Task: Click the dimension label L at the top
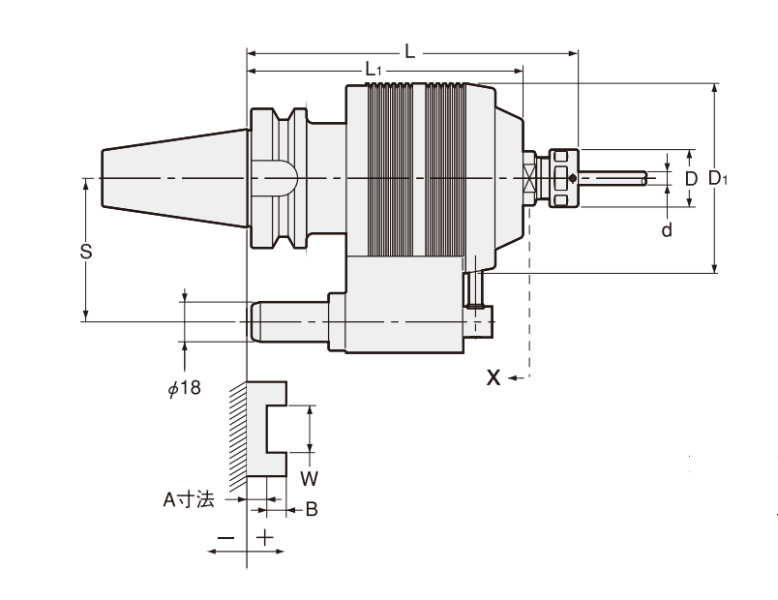(410, 52)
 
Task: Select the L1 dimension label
(374, 70)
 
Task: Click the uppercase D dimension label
(691, 179)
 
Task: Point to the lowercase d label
(666, 228)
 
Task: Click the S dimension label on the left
(86, 252)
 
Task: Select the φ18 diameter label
(184, 388)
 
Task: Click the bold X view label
(494, 378)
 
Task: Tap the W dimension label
(309, 478)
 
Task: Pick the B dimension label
(312, 508)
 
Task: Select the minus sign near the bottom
(226, 536)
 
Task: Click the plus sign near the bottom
(264, 536)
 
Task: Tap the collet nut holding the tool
(562, 178)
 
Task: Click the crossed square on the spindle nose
(528, 178)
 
